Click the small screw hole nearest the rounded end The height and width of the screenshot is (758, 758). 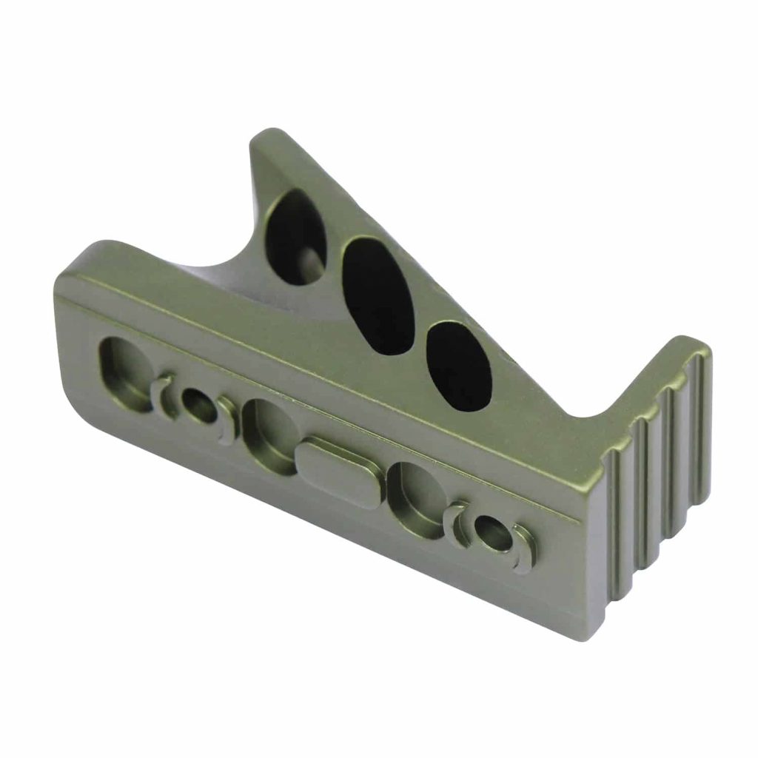(198, 407)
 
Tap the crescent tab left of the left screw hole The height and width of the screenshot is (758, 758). (161, 396)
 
